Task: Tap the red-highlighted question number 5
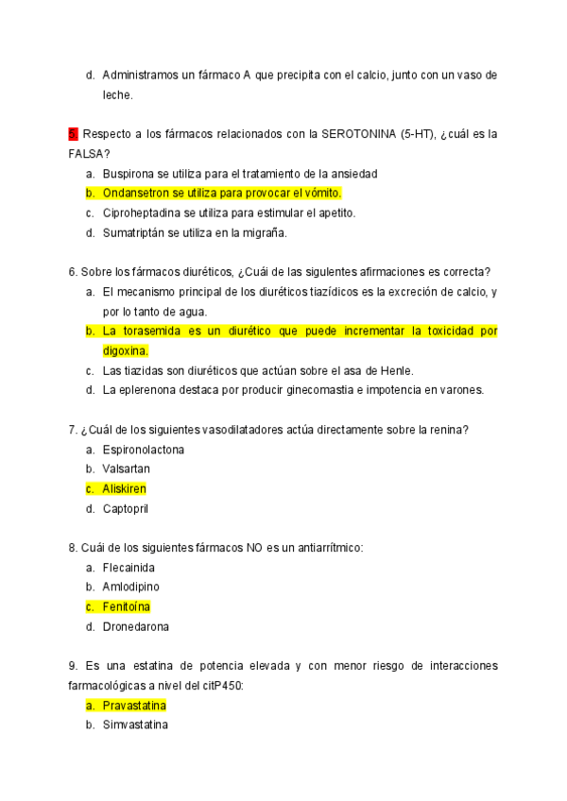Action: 72,134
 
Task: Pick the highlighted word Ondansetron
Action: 137,193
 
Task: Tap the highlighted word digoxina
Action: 125,350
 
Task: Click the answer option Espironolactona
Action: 144,450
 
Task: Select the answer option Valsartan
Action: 127,469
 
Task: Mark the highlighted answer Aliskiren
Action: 125,488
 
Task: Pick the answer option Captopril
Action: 127,508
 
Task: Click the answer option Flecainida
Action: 129,568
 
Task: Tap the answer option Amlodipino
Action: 131,587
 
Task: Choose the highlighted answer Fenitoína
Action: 127,606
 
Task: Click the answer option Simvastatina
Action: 135,724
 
